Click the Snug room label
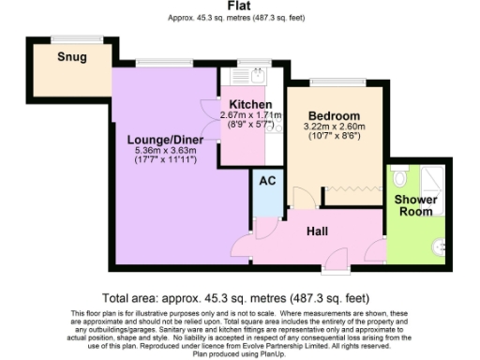[x=71, y=57]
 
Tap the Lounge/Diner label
[x=166, y=140]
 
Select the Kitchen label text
[x=246, y=104]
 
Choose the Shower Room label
[x=413, y=205]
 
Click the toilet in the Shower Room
[x=399, y=176]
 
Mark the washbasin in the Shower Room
[x=437, y=246]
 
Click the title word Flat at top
[x=238, y=6]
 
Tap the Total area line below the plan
[x=239, y=294]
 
